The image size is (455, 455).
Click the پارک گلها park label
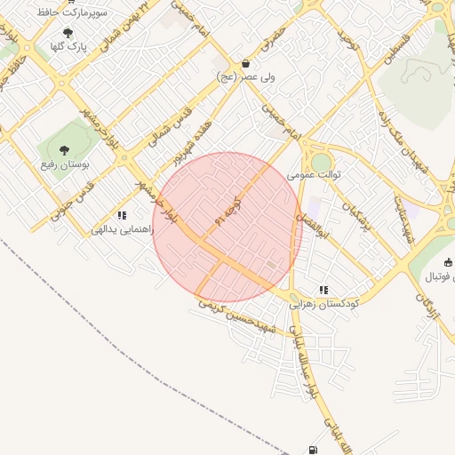68,47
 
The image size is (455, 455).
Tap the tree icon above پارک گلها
68,33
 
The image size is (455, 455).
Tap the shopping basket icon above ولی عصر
246,64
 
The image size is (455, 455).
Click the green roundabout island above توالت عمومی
321,163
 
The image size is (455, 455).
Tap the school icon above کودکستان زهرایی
323,289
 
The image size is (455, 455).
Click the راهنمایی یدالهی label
123,229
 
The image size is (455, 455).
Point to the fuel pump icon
312,450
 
